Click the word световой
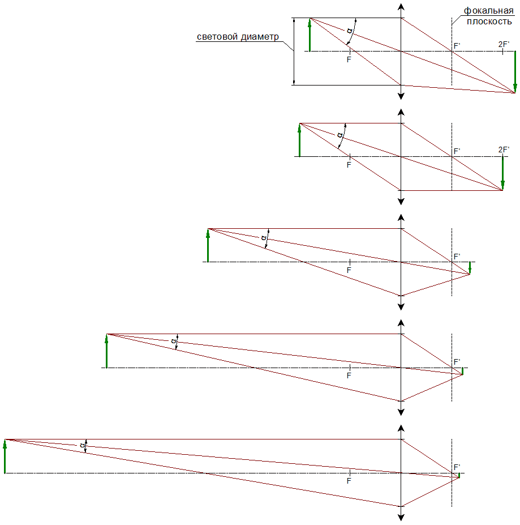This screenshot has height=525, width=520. [217, 37]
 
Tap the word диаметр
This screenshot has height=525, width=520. [260, 37]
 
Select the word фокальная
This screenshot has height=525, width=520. [488, 11]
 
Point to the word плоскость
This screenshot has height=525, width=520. [489, 22]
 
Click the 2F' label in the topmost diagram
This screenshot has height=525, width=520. [504, 44]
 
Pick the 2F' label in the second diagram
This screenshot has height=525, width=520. [504, 150]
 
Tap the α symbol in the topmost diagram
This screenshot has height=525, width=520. [350, 31]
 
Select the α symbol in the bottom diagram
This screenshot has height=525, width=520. [82, 445]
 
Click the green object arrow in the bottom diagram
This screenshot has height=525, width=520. [5, 456]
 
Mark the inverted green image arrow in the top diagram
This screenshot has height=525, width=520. [515, 72]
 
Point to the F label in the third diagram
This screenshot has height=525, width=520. [349, 270]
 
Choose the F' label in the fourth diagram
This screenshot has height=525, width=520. [457, 362]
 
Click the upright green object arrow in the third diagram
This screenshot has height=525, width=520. [208, 245]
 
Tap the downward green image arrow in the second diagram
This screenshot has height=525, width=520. [502, 173]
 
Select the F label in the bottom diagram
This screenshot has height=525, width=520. [349, 481]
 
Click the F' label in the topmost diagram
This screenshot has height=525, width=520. [457, 46]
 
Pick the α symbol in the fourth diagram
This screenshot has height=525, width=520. [173, 341]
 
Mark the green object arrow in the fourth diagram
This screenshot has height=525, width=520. [106, 351]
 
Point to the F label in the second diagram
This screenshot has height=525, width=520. [349, 165]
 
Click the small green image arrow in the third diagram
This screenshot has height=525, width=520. [470, 268]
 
